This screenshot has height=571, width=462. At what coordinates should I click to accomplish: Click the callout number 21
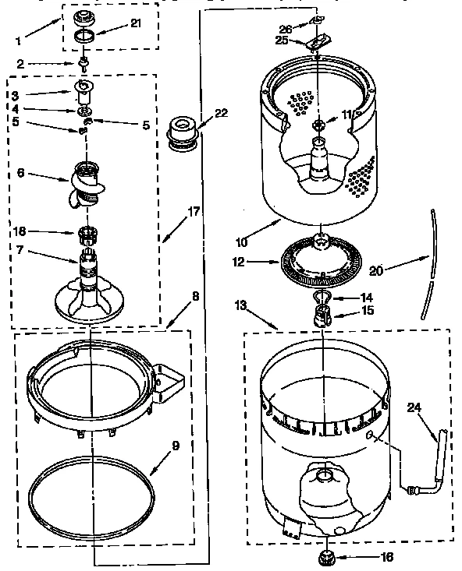[x=136, y=24]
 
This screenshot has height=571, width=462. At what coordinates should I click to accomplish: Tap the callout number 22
[x=222, y=113]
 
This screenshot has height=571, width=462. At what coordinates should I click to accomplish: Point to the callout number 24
[x=414, y=406]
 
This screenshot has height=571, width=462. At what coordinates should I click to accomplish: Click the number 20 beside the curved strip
[x=375, y=270]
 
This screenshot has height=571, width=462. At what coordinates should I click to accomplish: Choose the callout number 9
[x=175, y=446]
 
